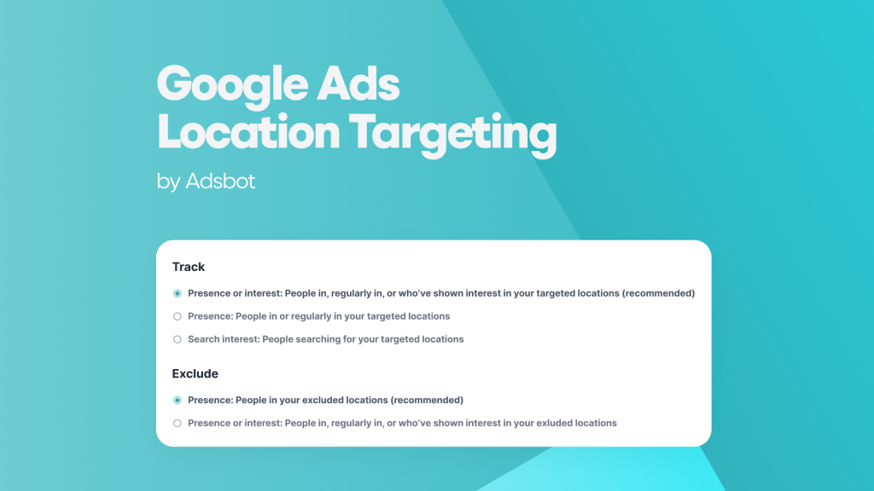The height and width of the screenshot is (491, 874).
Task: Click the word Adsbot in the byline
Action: [x=220, y=182]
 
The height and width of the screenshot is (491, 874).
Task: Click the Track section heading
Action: [x=189, y=267]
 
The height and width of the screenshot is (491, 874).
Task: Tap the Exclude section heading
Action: [x=195, y=373]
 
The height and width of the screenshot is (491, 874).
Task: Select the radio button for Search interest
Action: [x=178, y=339]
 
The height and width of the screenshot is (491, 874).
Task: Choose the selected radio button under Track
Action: [x=178, y=293]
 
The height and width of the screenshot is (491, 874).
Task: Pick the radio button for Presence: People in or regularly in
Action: [x=178, y=316]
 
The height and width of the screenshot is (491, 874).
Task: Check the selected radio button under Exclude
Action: [x=178, y=400]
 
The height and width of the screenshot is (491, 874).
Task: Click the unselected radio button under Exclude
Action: [x=178, y=423]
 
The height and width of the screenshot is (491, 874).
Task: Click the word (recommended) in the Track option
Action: [x=658, y=293]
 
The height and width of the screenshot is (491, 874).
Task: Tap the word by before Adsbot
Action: [x=168, y=182]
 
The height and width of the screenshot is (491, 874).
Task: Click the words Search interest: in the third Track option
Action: [x=223, y=339]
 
